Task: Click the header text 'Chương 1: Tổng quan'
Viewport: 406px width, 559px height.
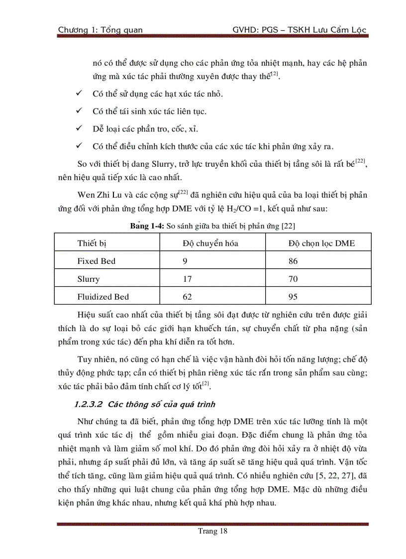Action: click(x=100, y=30)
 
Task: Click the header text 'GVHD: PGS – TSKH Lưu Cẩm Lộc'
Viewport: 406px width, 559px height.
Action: click(x=299, y=30)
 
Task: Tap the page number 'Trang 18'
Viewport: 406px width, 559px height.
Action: click(x=212, y=531)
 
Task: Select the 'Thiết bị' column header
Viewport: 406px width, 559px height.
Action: click(x=92, y=243)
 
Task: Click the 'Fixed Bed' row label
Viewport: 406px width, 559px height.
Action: click(x=96, y=261)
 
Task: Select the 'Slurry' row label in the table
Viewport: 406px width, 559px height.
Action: click(x=89, y=279)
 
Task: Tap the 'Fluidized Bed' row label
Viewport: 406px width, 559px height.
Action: click(x=103, y=297)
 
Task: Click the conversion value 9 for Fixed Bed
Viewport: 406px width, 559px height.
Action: click(x=185, y=261)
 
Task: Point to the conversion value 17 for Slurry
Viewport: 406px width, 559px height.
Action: click(x=187, y=279)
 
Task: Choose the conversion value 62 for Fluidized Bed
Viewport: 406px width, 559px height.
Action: click(x=188, y=297)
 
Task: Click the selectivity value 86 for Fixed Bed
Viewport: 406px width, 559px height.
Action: click(x=294, y=261)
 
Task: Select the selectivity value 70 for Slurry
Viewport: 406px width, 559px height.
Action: click(x=294, y=279)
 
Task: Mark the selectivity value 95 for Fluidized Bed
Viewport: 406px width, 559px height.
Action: click(x=294, y=297)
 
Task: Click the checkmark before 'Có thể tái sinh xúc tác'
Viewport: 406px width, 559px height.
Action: click(x=79, y=111)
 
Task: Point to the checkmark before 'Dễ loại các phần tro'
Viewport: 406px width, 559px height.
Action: click(x=79, y=129)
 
